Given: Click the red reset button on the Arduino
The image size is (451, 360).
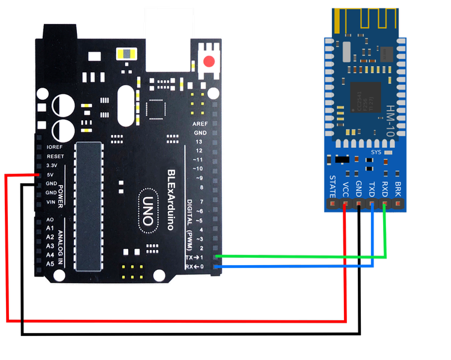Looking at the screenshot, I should pos(209,61).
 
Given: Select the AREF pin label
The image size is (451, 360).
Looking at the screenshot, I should pos(200,123).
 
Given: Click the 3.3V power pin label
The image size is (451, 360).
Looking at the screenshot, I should pos(52,165).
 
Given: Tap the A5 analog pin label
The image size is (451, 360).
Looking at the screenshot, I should pos(51,264).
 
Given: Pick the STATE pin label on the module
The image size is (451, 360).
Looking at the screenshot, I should pos(333,187).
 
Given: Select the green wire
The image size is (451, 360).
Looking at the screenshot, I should pos(301,257).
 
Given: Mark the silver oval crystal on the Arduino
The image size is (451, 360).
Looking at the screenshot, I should pos(126,106).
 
